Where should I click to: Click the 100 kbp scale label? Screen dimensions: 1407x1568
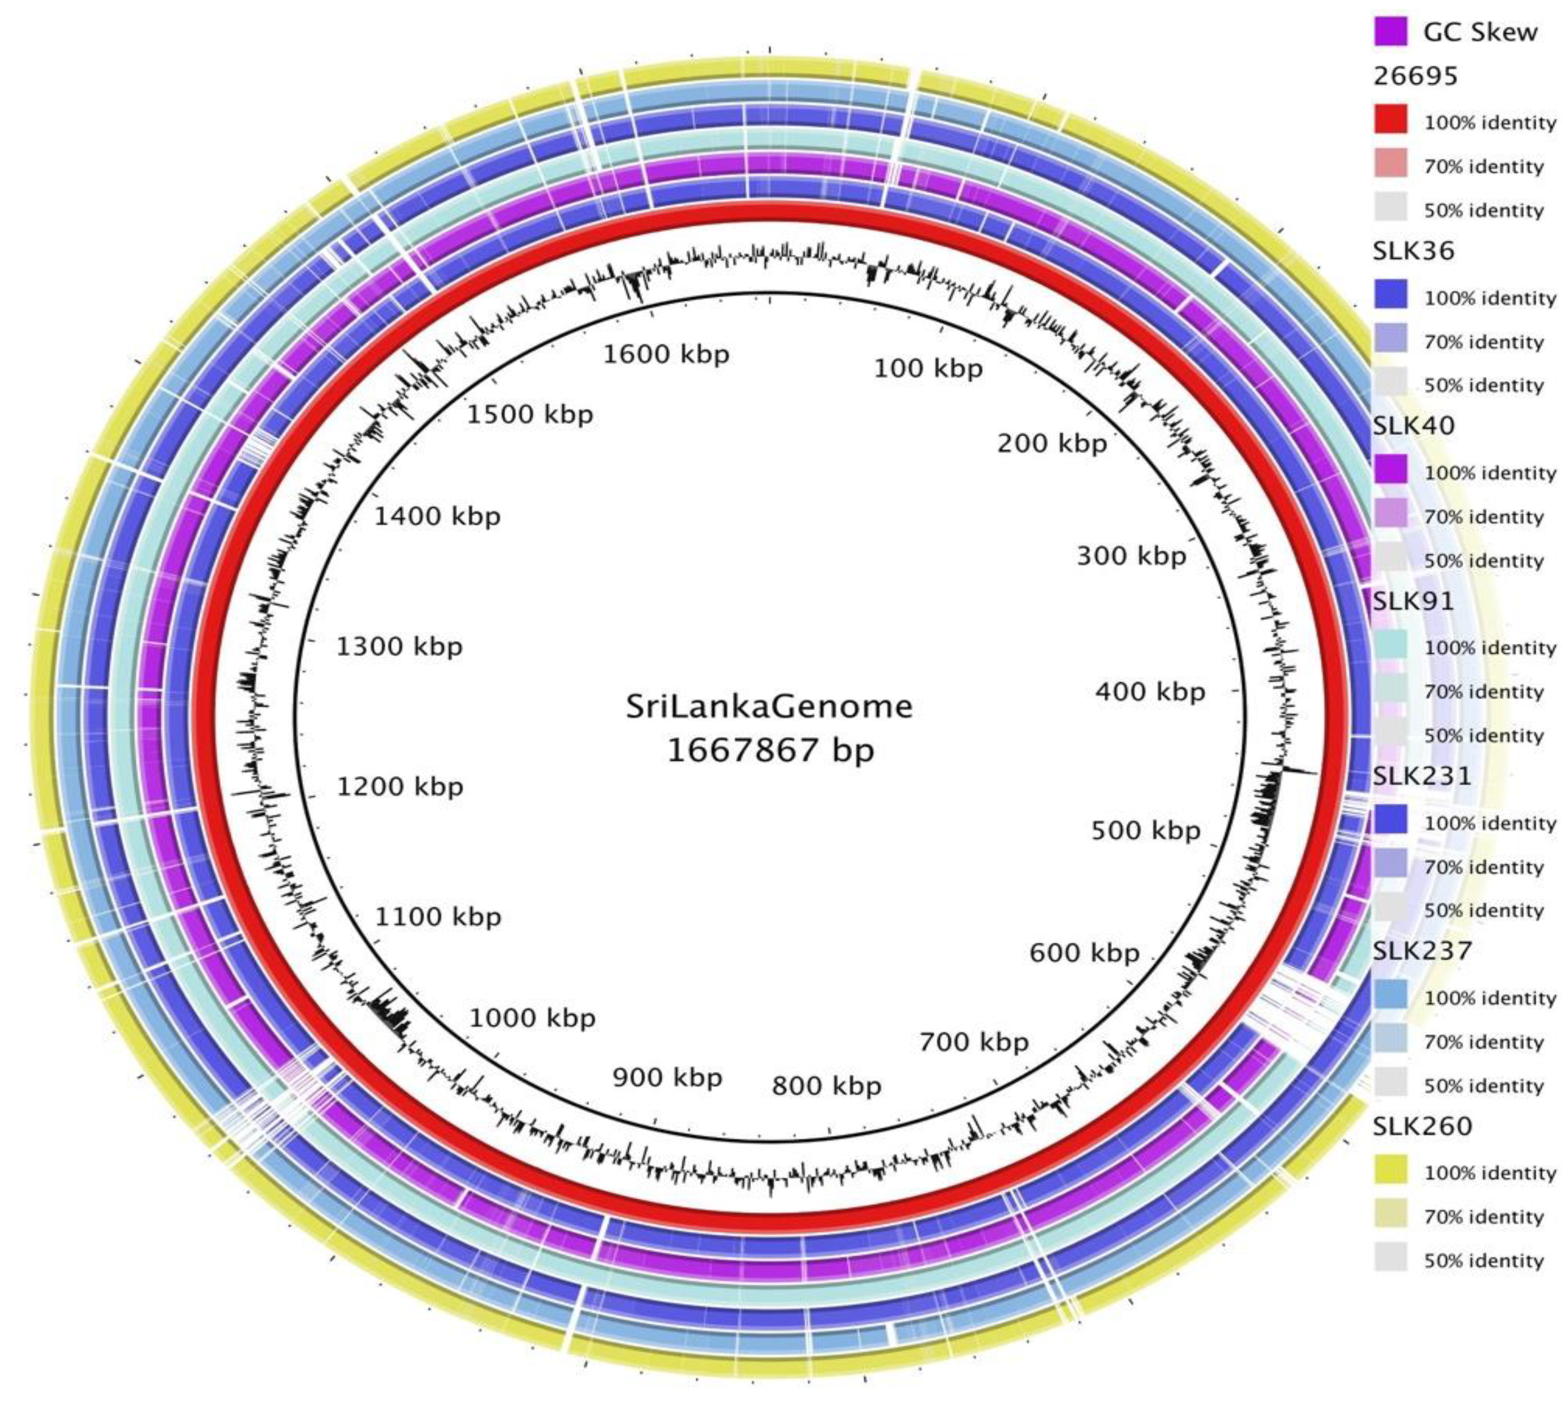[x=928, y=369]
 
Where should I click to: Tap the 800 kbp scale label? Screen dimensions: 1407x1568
[x=826, y=1086]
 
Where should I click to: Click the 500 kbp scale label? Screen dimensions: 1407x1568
[x=1145, y=830]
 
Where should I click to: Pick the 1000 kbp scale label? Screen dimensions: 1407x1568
[x=532, y=1017]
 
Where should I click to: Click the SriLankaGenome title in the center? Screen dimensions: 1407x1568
[x=768, y=706]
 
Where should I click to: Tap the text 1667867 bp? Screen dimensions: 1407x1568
[x=770, y=750]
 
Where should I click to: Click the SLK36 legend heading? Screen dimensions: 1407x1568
[x=1413, y=251]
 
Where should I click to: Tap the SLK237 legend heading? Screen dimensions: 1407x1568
[x=1422, y=950]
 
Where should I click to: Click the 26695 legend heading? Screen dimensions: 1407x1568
[x=1416, y=76]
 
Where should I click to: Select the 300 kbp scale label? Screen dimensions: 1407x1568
[x=1131, y=555]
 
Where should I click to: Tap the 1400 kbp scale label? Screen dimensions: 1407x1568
[x=437, y=516]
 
